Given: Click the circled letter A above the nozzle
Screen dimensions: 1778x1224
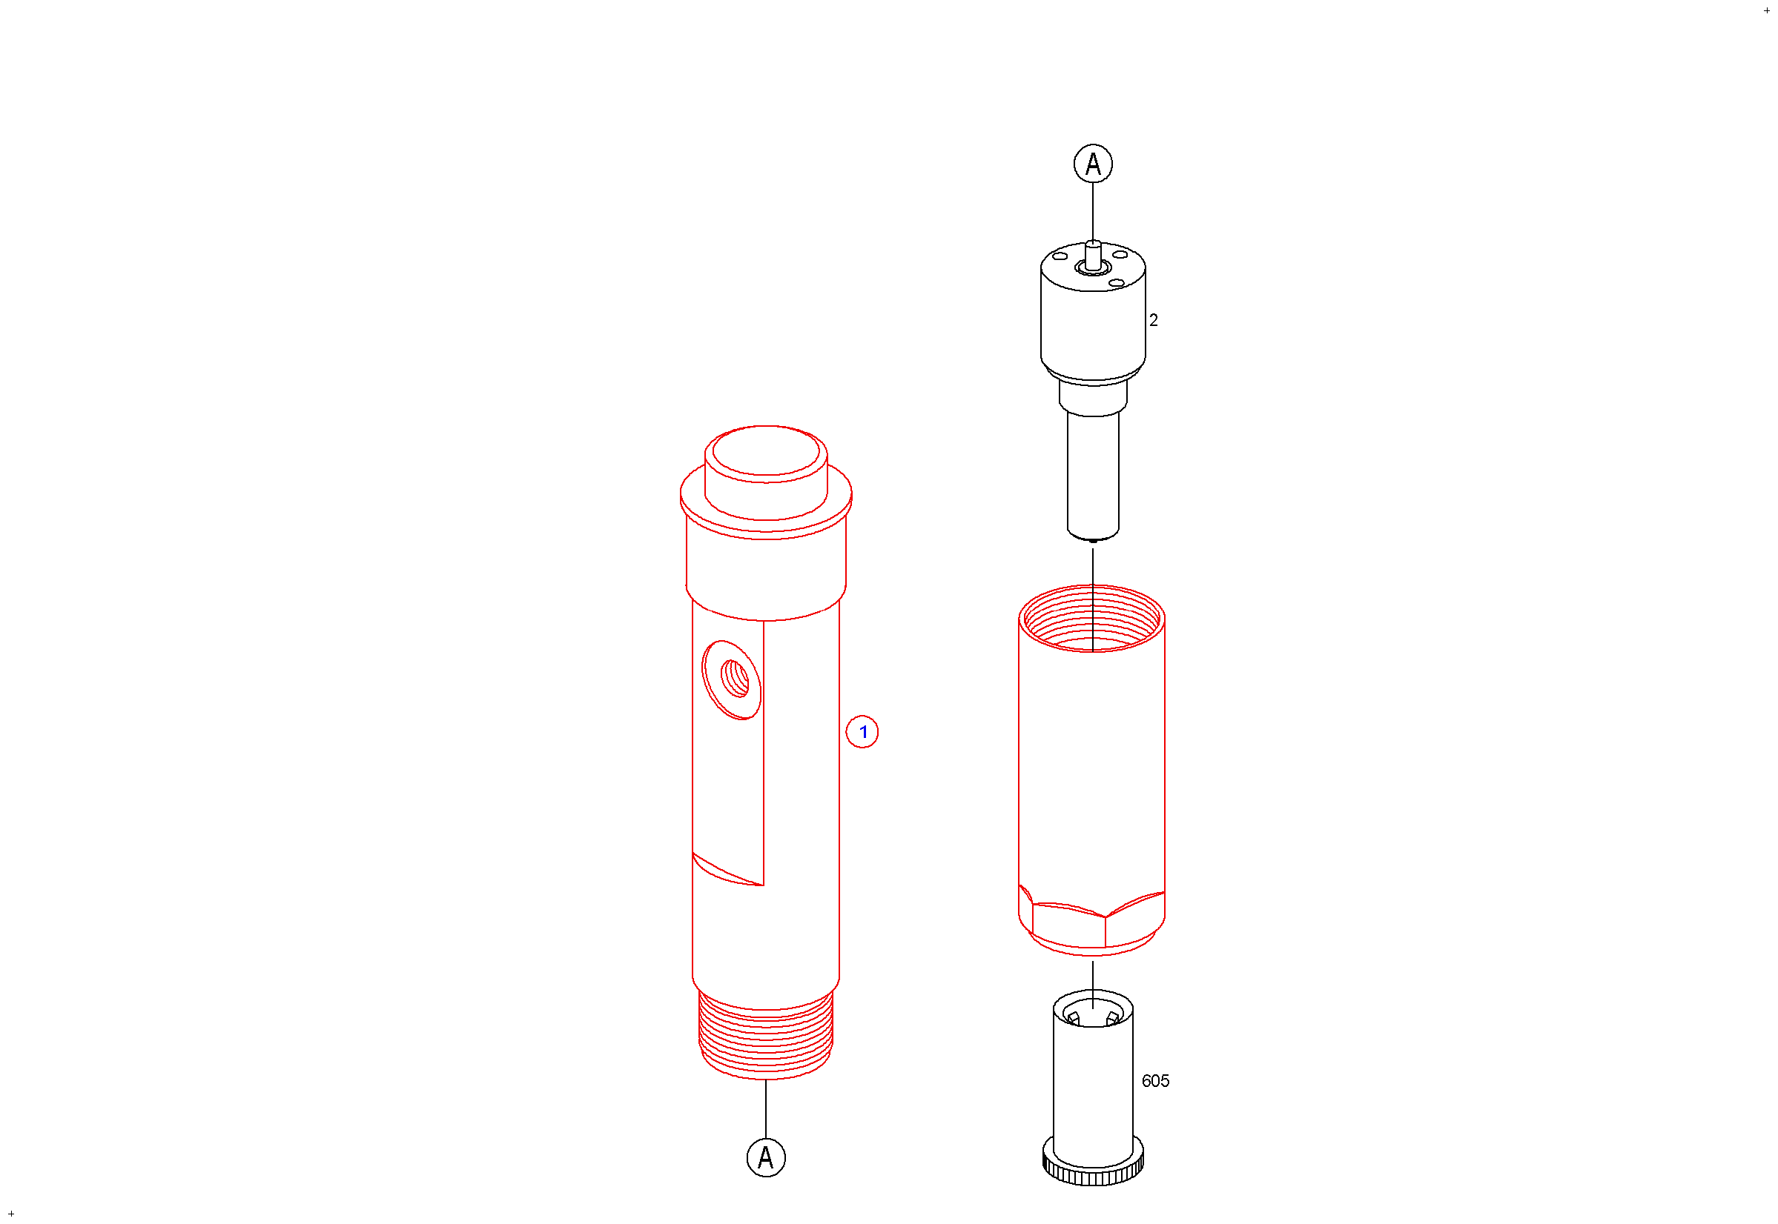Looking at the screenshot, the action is [x=1093, y=163].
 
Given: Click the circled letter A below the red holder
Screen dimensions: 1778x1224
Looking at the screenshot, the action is [x=766, y=1157].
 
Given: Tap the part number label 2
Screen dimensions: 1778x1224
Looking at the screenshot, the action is [x=1154, y=321].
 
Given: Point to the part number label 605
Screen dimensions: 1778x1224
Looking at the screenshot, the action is [x=1155, y=1081].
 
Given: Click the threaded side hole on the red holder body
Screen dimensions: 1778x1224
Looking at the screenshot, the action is [x=733, y=679].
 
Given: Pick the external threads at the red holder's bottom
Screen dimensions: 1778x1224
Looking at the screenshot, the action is [x=766, y=1036].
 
